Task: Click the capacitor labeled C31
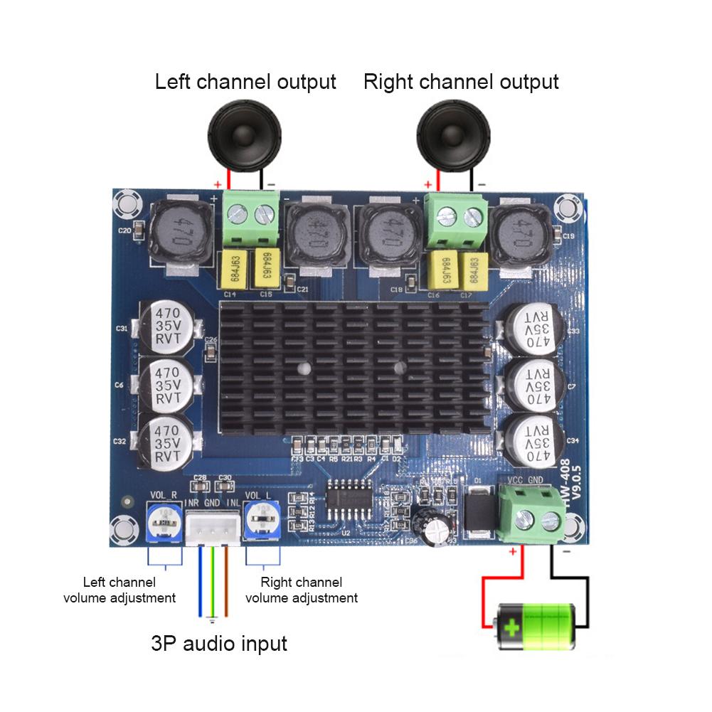(x=166, y=328)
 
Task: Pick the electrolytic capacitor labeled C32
(x=166, y=443)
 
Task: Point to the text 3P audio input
(x=219, y=644)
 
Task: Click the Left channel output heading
(x=245, y=82)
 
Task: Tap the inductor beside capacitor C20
(x=181, y=232)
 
